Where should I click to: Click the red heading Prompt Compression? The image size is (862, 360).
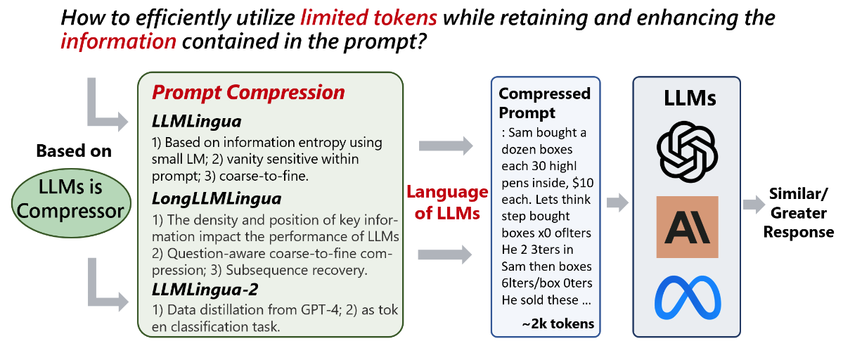pos(248,92)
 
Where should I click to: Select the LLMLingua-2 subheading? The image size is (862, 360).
pos(205,290)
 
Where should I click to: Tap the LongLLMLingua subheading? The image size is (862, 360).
pos(217,199)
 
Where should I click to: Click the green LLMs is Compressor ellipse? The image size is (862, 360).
pos(71,203)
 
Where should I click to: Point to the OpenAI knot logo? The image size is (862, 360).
pos(687,151)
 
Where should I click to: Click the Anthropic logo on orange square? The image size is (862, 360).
pos(688,227)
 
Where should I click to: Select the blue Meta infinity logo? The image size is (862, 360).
pos(688,297)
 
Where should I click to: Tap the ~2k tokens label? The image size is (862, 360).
pos(558,324)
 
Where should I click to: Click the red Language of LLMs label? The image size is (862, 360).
pos(447,202)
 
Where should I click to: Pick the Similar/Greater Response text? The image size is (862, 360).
pos(799,213)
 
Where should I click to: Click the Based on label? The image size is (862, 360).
pos(74,151)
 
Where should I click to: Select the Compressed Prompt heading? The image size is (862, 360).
pos(544,103)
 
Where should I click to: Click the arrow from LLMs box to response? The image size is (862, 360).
pos(754,205)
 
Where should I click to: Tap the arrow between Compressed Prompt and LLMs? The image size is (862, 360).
pos(617,202)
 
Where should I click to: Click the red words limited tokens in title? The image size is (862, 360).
pos(368,18)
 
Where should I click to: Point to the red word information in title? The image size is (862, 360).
pos(119,41)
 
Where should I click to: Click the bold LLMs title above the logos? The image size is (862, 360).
pos(690,98)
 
